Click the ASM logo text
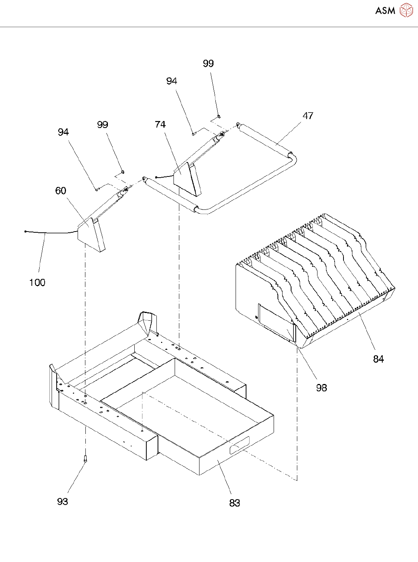click(385, 11)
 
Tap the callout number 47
click(308, 116)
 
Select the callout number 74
click(160, 125)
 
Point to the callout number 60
click(61, 191)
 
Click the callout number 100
click(37, 283)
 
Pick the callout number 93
click(62, 502)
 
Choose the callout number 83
click(234, 503)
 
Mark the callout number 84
click(378, 359)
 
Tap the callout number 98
click(321, 388)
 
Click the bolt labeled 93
click(85, 459)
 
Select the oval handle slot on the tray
click(239, 444)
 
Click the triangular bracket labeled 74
click(187, 179)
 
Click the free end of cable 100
click(26, 232)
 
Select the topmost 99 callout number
click(208, 64)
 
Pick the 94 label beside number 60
click(63, 132)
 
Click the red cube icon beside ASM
click(406, 10)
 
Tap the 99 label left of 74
click(102, 125)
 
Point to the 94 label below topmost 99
click(172, 81)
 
